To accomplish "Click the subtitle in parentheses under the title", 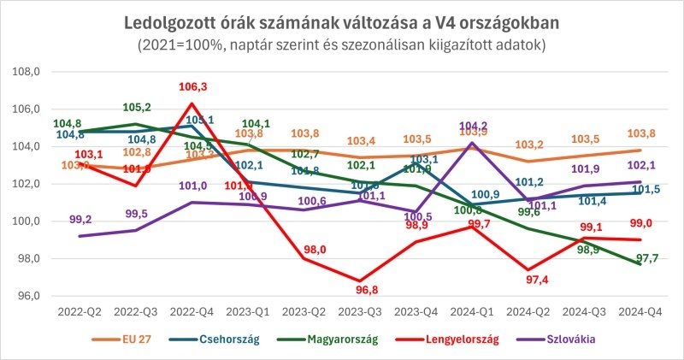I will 342,42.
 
